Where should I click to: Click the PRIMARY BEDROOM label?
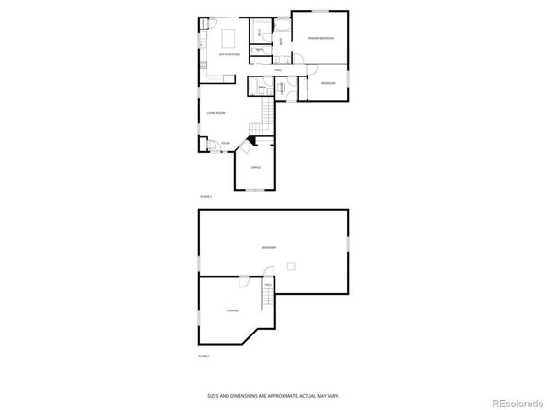[320, 38]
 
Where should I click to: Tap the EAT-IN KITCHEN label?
[229, 54]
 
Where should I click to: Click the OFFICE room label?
[256, 167]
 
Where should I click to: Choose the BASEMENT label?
[268, 248]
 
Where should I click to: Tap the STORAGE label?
[232, 310]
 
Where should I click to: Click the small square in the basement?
[292, 266]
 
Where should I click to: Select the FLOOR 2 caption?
[205, 197]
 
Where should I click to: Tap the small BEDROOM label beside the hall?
[329, 83]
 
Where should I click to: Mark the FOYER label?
[225, 143]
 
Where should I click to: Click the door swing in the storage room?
[241, 282]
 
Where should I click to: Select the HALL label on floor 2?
[277, 70]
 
